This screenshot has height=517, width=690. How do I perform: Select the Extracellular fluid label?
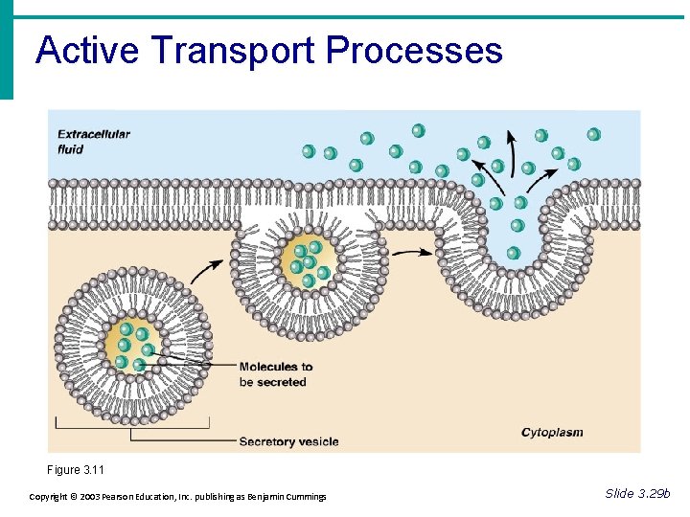tap(93, 142)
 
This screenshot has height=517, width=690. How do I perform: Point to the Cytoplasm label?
tap(552, 433)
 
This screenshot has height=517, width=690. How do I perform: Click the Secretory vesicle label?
tap(288, 441)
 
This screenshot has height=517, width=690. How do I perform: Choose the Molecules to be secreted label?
tap(275, 374)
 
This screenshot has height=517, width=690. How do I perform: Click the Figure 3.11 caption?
tap(76, 470)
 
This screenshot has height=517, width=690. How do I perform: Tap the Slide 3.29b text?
tap(638, 493)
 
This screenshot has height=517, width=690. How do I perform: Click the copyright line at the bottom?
tap(177, 496)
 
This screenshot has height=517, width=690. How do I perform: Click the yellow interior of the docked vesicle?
tap(310, 261)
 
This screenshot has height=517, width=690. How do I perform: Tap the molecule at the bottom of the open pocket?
tap(514, 253)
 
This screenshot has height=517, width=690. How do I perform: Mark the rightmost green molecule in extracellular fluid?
tap(593, 135)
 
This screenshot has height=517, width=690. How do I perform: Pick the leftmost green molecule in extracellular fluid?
tap(309, 151)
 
